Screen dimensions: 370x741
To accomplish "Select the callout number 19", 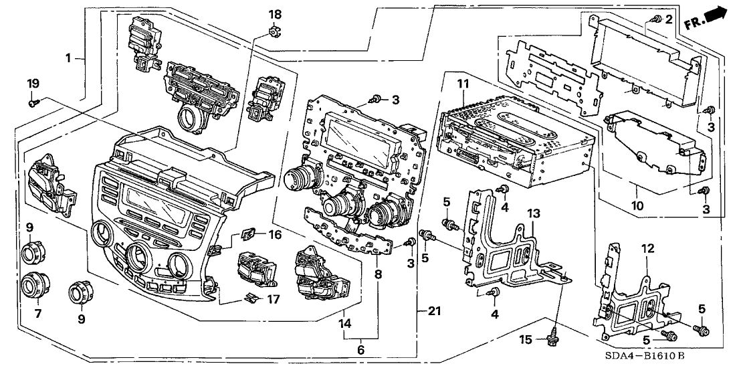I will click(x=33, y=84).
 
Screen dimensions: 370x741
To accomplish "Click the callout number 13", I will click(x=532, y=213).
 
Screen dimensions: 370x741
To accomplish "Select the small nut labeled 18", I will click(x=274, y=30).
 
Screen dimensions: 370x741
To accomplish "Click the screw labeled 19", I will click(x=33, y=103).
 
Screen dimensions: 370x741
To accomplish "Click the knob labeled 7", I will click(x=31, y=287).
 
